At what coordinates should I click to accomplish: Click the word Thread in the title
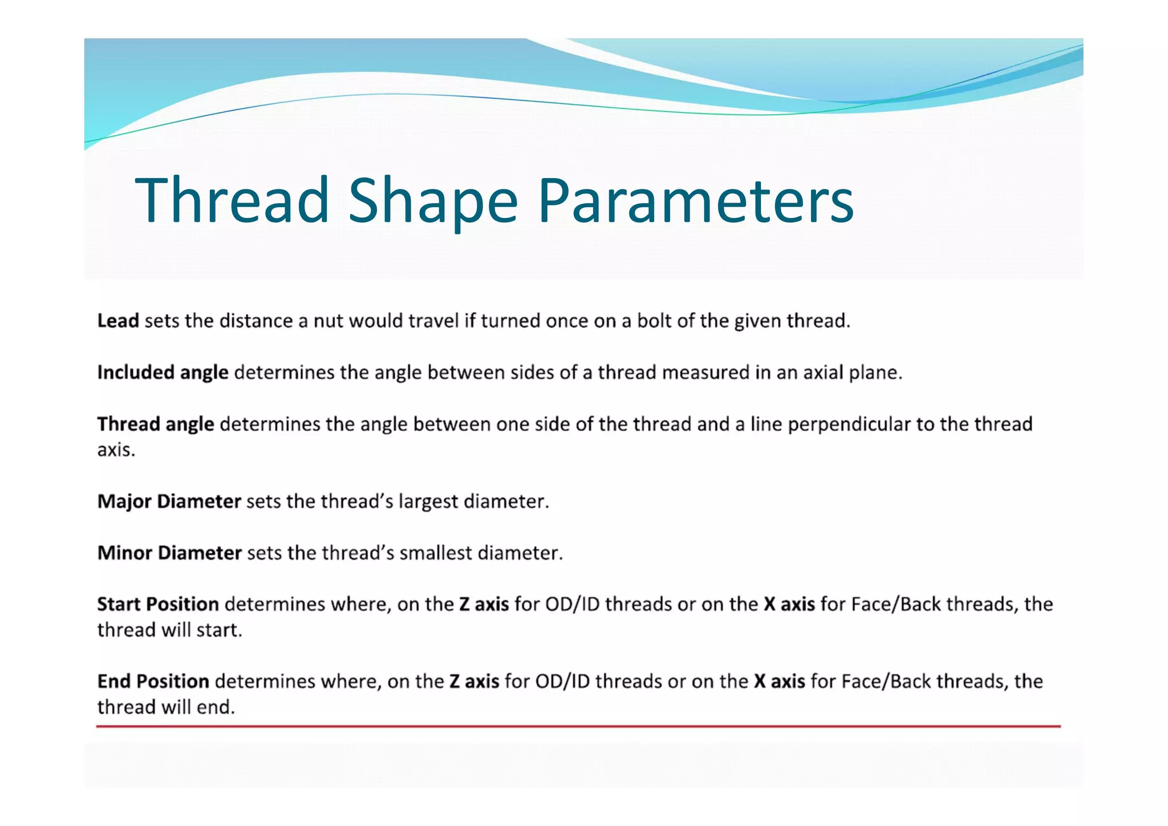pos(232,200)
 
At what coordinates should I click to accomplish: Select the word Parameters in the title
pos(696,200)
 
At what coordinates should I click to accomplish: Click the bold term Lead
pos(118,321)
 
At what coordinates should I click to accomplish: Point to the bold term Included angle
pos(163,372)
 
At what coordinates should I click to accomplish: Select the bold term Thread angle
pos(155,424)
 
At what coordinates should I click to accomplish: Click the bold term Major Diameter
pos(169,501)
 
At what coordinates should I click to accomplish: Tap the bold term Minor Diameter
pos(169,553)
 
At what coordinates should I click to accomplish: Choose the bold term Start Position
pos(158,604)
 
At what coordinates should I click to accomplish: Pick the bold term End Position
pos(153,682)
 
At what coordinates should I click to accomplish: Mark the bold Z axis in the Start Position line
pos(484,604)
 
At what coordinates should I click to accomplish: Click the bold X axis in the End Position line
pos(779,682)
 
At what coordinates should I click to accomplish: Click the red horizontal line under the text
pos(578,726)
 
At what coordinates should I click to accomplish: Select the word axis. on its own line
pos(116,450)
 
